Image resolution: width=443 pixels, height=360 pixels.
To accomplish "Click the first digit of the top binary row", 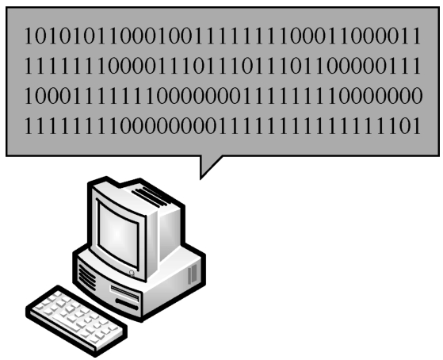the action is pos(29,36).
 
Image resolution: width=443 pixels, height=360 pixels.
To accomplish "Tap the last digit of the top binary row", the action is pos(417,36).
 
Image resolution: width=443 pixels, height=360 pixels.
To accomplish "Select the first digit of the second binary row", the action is pos(29,66).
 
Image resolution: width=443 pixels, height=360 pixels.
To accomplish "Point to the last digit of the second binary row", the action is pos(417,66).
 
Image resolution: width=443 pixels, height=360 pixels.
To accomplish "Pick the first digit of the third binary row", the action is pos(29,96).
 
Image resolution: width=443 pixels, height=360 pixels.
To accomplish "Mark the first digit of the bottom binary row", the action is pos(29,126).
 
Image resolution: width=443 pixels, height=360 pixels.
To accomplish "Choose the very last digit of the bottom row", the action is pos(417,126).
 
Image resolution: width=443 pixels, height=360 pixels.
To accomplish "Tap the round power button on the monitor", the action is pos(132,273).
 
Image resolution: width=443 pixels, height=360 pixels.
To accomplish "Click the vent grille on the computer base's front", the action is pos(86,275).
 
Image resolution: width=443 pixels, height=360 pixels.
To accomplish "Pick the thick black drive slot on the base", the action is pos(127,304).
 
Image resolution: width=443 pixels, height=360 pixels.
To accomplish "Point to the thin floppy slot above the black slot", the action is pos(124,293).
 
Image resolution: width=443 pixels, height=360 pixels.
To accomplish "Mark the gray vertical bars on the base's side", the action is pos(193,274).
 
